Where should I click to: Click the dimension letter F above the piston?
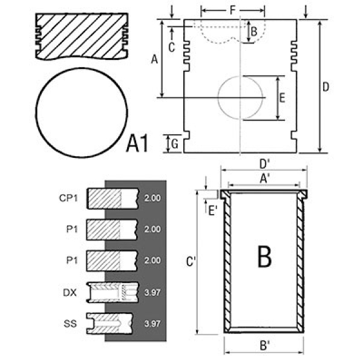(x=232, y=10)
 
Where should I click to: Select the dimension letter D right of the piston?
(x=325, y=87)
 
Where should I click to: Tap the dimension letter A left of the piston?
(x=154, y=59)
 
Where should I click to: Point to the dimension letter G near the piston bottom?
(x=174, y=143)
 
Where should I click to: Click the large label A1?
(x=138, y=145)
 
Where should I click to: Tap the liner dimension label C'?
(x=190, y=262)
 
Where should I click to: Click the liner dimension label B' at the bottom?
(x=264, y=347)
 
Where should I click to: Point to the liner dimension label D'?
(x=264, y=163)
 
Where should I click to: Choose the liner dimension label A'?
(x=264, y=178)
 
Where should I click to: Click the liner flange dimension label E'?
(x=213, y=210)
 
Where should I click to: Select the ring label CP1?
(x=68, y=197)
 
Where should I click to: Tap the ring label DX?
(x=70, y=292)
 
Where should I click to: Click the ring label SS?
(x=70, y=323)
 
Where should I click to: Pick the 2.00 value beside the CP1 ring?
(x=153, y=198)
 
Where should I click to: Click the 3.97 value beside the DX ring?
(x=153, y=292)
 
